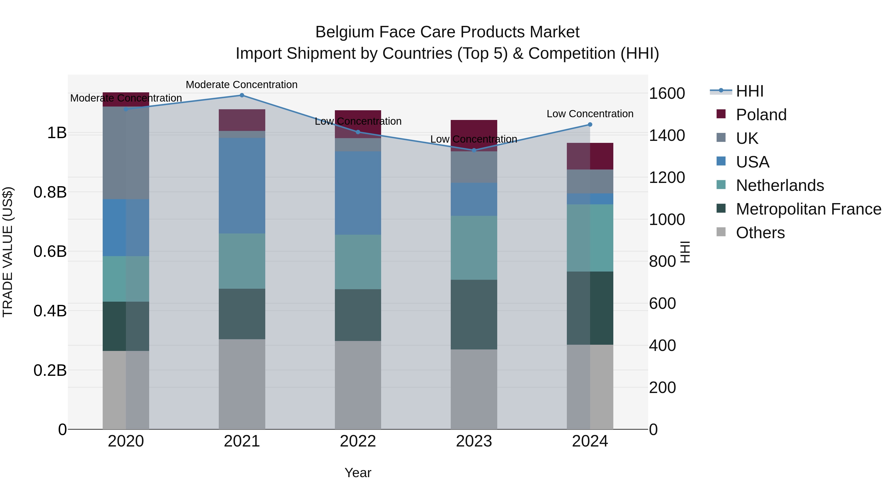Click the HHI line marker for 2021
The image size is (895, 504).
coord(242,95)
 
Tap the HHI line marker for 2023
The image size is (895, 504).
coord(474,150)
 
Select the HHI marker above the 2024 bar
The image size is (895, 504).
coord(590,124)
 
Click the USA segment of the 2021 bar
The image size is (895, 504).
coord(242,185)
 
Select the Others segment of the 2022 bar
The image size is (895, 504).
coord(358,385)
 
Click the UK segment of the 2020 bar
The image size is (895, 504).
coord(126,153)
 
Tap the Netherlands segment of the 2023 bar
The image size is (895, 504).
coord(474,247)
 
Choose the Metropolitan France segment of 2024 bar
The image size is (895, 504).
coord(590,308)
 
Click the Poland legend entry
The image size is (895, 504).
coord(761,115)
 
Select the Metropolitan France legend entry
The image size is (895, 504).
coord(808,209)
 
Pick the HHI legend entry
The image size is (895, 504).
coord(749,91)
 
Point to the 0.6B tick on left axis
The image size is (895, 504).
coord(50,251)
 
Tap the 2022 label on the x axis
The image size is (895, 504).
coord(358,441)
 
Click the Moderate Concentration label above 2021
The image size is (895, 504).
coord(242,85)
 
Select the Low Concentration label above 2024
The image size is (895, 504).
coord(590,114)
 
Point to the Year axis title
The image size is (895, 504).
coord(358,473)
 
